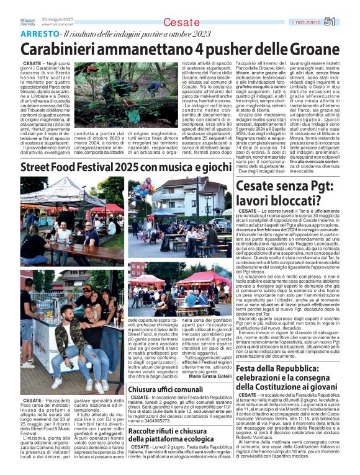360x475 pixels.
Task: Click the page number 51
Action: (330, 22)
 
